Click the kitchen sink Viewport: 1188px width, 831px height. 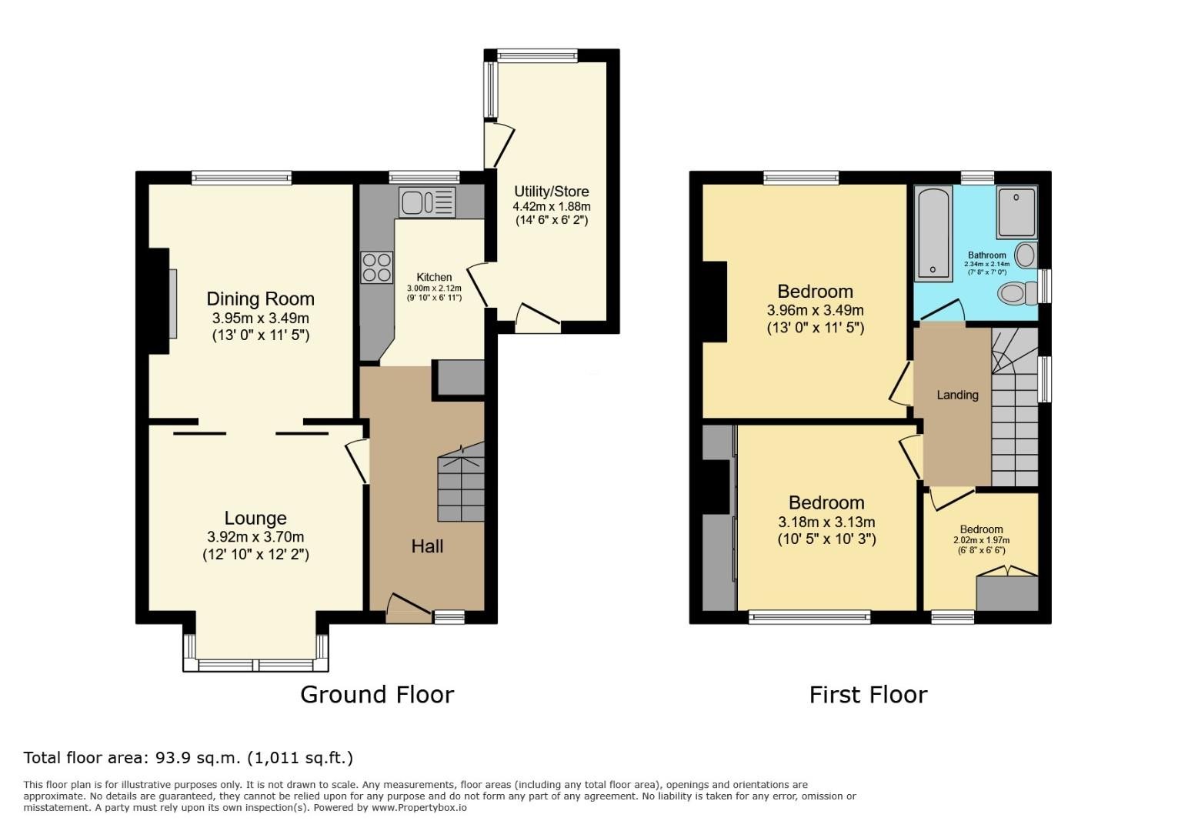click(x=427, y=202)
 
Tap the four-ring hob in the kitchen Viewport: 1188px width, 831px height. click(x=376, y=267)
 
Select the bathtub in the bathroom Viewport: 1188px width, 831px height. click(x=933, y=233)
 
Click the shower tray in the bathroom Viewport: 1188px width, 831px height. click(x=1016, y=212)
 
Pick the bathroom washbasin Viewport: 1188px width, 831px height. click(x=1026, y=255)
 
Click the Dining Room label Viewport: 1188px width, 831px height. click(x=260, y=299)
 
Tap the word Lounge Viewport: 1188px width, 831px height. click(x=255, y=518)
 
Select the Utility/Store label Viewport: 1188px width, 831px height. click(x=552, y=192)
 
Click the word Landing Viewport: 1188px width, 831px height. click(x=957, y=395)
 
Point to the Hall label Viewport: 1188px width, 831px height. click(x=427, y=546)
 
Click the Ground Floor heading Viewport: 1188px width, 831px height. click(x=377, y=695)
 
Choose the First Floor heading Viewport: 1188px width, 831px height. click(x=868, y=695)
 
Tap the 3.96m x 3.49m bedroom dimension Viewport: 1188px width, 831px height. click(x=815, y=310)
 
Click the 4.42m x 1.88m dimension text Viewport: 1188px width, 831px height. click(x=552, y=206)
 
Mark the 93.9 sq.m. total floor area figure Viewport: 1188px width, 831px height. click(x=198, y=758)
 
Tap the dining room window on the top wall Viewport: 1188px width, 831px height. click(x=242, y=178)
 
